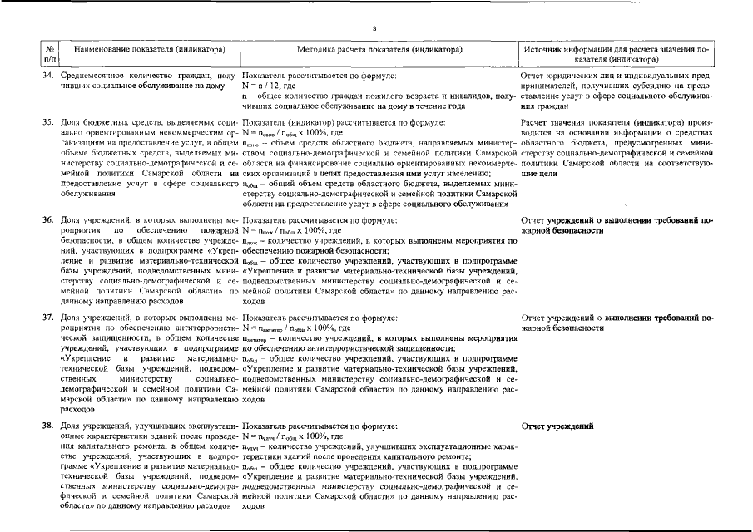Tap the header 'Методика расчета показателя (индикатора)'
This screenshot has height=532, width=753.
coord(379,50)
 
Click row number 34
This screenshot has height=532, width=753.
coord(49,76)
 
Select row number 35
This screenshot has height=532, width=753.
coord(49,122)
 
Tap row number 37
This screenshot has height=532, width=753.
coord(49,318)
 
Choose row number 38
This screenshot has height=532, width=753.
coord(49,426)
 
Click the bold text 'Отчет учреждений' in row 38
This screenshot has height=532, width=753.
coord(557,426)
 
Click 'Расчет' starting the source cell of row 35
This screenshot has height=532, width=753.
coord(533,122)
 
